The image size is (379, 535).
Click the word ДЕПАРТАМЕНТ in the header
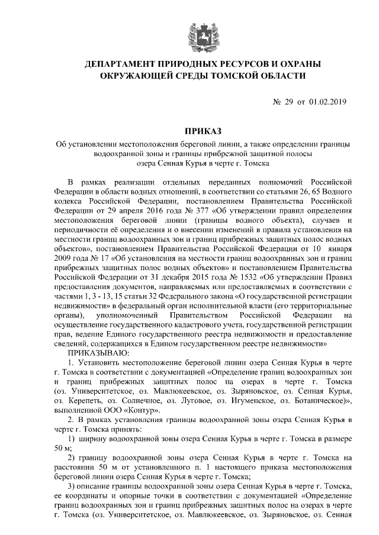click(124, 64)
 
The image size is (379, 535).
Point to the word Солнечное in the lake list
click(153, 400)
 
